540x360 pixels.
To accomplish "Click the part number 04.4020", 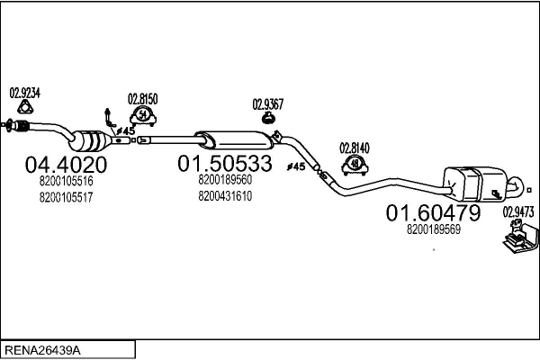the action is click(66, 165).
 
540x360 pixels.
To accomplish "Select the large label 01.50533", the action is click(225, 163).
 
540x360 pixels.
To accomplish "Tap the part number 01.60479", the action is click(433, 212).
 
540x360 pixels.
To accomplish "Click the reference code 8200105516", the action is click(66, 181).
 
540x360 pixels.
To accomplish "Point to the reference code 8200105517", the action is click(66, 198).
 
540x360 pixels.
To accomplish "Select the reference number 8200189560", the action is click(225, 179).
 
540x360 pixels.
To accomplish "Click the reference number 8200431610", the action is click(225, 196).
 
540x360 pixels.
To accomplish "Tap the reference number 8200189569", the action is click(434, 229).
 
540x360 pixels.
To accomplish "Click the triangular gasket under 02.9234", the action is click(25, 107).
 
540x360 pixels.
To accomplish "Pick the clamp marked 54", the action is click(143, 116).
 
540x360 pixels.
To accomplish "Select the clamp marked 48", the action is click(355, 165).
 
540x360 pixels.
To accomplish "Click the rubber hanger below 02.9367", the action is click(268, 118).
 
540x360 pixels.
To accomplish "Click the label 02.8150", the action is click(142, 99).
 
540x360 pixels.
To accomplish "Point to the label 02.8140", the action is click(355, 148).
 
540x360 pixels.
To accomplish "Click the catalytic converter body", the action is click(90, 141).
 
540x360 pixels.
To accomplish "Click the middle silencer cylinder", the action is click(234, 140).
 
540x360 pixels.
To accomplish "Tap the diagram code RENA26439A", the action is click(42, 351).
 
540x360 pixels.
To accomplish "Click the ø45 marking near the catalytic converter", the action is click(125, 130).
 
